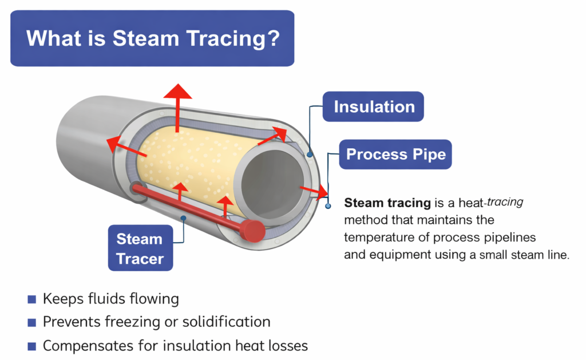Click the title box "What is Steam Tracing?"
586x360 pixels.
152,38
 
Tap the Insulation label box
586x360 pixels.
374,106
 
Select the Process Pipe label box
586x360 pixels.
395,154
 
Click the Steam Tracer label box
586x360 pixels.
140,248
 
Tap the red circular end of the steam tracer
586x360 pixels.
251,230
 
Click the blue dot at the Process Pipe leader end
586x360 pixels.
328,205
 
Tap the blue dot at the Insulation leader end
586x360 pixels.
310,153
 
